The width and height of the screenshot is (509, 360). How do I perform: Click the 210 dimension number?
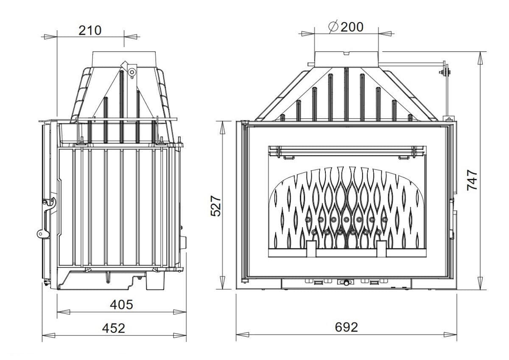tap(90, 31)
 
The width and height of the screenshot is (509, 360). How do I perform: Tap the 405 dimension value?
tap(121, 304)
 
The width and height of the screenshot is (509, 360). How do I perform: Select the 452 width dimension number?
tap(114, 328)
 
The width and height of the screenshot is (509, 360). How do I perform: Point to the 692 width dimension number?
tap(346, 327)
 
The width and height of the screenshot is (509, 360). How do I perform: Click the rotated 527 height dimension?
tap(216, 206)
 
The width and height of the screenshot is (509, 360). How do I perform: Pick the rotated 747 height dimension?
tap(472, 180)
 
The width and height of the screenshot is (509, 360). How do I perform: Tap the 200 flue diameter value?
tap(352, 27)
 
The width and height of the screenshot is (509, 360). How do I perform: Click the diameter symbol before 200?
tap(333, 27)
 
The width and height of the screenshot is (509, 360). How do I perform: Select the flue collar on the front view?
tap(347, 59)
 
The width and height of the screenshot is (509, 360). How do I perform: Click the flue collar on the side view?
tap(124, 59)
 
